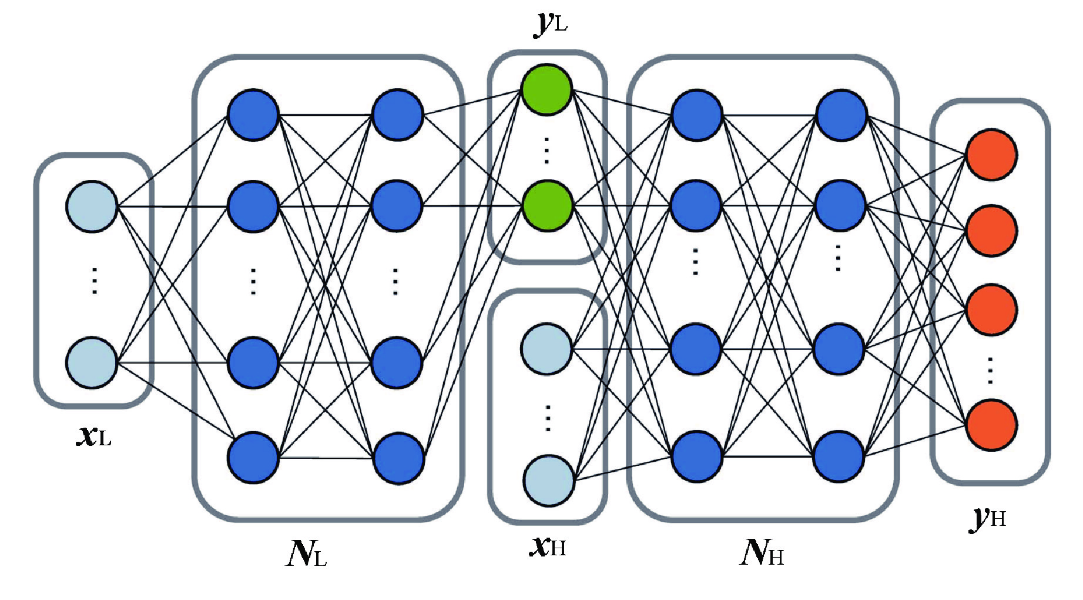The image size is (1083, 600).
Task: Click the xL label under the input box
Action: click(x=94, y=435)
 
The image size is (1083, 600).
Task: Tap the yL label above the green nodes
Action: click(x=551, y=24)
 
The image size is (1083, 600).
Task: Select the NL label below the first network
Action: click(x=306, y=552)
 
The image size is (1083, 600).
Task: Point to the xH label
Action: click(x=548, y=546)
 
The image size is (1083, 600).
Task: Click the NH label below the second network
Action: click(x=762, y=552)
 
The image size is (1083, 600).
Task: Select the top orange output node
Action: click(x=992, y=155)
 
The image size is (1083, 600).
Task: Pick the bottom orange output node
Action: click(x=992, y=424)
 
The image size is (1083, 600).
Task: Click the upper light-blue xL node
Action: click(x=92, y=207)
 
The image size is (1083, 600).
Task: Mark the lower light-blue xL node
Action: click(x=92, y=362)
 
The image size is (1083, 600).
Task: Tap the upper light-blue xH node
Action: click(x=546, y=349)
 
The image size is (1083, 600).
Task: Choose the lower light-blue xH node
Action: click(x=548, y=481)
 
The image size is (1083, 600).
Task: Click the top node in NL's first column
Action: click(x=253, y=115)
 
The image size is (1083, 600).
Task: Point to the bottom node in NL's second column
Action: click(x=398, y=458)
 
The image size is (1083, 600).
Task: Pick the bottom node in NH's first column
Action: click(x=696, y=457)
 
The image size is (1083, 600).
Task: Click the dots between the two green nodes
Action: click(x=547, y=149)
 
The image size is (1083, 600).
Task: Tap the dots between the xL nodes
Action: click(x=94, y=281)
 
